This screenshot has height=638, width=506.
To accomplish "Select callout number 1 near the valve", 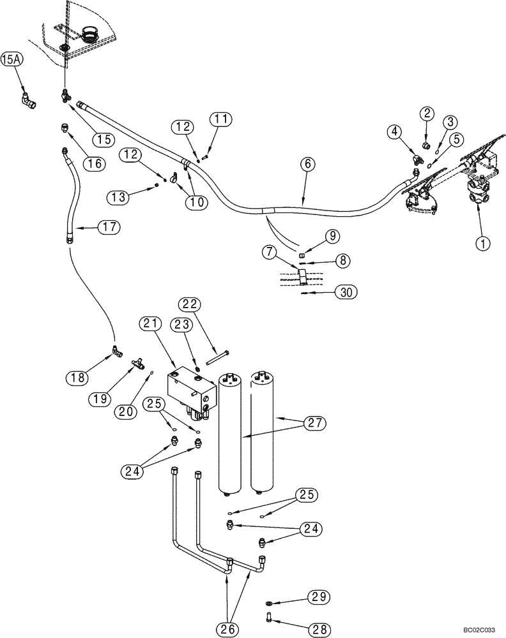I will coord(483,242).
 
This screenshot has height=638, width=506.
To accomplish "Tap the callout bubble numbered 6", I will coord(307,164).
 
